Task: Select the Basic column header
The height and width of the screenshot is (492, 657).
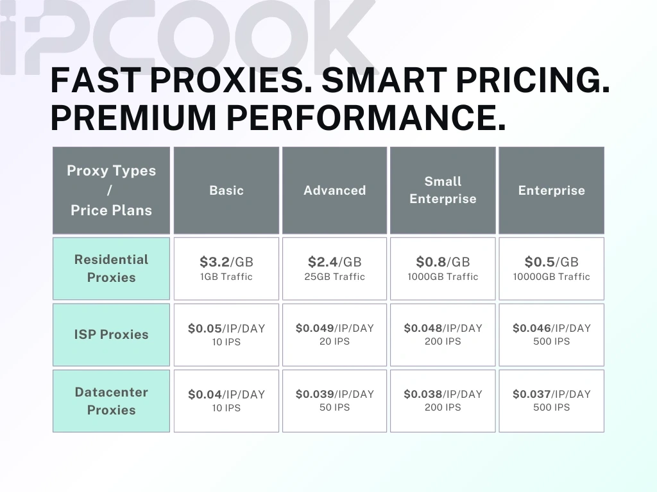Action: (x=226, y=190)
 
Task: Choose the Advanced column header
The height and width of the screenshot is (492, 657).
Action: (x=334, y=190)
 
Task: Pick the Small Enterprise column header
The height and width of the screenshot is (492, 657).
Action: (x=443, y=190)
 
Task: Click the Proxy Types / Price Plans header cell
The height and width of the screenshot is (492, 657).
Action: (x=111, y=190)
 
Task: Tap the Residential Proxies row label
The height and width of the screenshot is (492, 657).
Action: (x=111, y=268)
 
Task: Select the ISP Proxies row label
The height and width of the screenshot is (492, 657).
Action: (x=111, y=334)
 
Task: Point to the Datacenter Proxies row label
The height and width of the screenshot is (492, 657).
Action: (x=111, y=401)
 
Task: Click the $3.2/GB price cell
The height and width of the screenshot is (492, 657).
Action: (x=226, y=262)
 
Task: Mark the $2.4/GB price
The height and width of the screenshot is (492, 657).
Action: (x=334, y=262)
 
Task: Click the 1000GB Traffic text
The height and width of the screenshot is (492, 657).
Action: (x=443, y=277)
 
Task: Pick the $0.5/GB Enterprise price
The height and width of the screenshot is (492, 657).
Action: (x=551, y=262)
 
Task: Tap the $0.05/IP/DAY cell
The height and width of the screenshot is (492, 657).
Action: (x=226, y=329)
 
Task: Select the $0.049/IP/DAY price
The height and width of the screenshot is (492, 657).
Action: (x=334, y=328)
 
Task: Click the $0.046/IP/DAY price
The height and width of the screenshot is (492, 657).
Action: (x=551, y=328)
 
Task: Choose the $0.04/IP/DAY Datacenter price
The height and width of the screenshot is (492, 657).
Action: (x=226, y=395)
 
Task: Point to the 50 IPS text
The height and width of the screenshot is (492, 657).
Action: (x=334, y=407)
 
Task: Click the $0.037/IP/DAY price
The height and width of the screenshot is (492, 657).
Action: (x=551, y=394)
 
